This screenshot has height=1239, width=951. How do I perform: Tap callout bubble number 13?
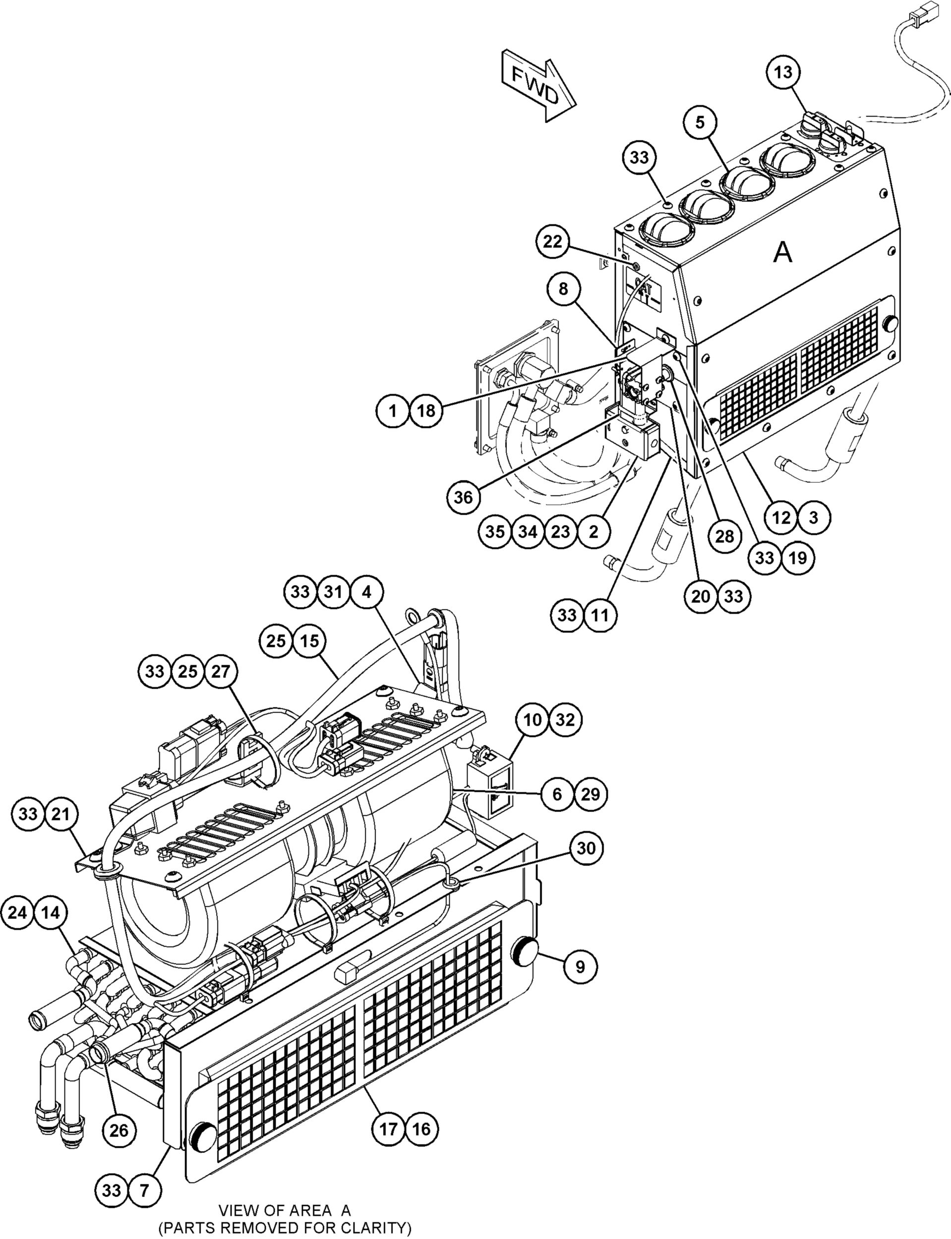point(784,72)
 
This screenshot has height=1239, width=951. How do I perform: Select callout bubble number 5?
point(700,122)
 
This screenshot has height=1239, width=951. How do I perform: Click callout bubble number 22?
point(553,241)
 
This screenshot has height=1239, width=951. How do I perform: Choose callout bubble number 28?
point(724,536)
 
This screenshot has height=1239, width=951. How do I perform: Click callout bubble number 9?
point(580,967)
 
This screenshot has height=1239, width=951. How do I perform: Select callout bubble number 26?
point(119,1131)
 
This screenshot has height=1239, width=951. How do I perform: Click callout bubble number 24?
point(17,912)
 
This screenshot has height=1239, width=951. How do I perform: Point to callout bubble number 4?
point(367,592)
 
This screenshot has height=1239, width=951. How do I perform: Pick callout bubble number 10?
point(533,720)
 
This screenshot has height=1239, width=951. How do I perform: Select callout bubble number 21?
point(60,814)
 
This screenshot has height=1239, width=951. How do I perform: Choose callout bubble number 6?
point(558,794)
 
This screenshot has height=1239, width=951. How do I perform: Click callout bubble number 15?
point(309,641)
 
